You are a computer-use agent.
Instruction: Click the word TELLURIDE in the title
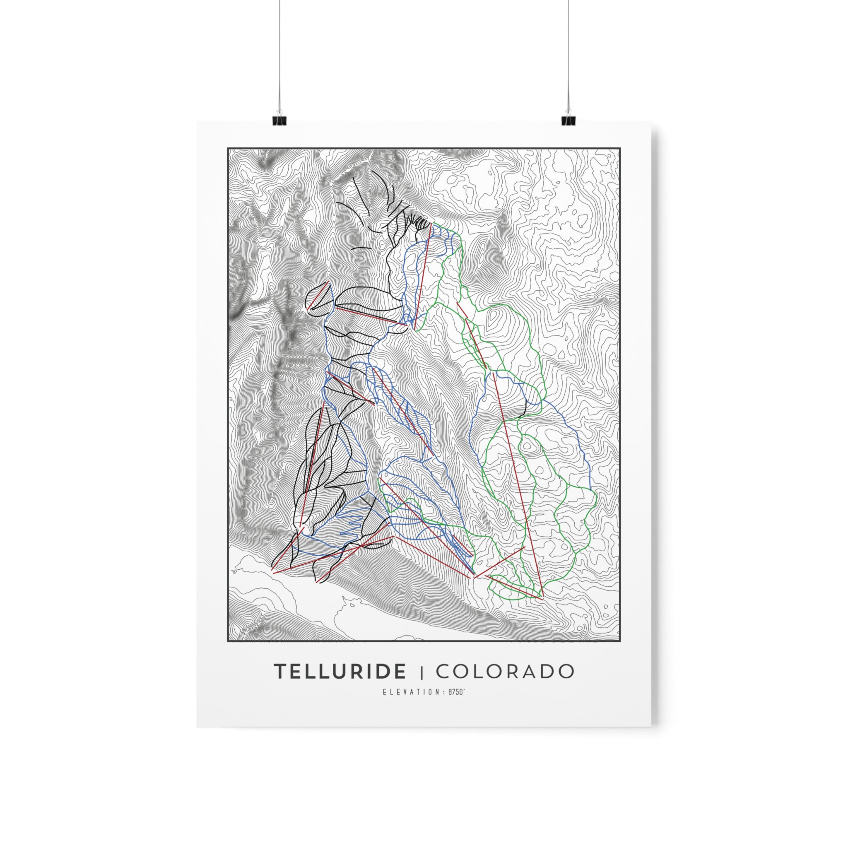pos(340,672)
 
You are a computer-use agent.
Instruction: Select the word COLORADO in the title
pos(505,672)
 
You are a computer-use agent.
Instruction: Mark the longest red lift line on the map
pos(518,483)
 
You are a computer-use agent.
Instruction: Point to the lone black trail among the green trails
pos(524,408)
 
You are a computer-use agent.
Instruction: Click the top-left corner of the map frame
pos(228,149)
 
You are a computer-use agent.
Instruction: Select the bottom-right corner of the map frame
pos(620,641)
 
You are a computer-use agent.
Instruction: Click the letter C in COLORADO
pos(444,672)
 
